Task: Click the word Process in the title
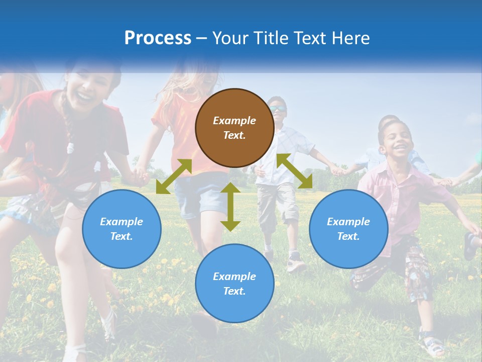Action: click(158, 38)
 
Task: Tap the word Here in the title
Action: click(348, 38)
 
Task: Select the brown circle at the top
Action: click(234, 128)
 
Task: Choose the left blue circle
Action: click(122, 229)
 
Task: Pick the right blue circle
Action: click(348, 229)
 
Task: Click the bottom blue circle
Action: click(234, 284)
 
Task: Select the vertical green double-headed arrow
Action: click(230, 207)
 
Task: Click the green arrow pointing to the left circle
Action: click(174, 176)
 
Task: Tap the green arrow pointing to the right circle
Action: click(295, 171)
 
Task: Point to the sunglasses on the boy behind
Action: click(278, 109)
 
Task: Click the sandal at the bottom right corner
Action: click(433, 346)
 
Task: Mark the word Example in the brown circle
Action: click(234, 121)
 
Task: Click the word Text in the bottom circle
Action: click(234, 291)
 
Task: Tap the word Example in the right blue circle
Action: click(348, 222)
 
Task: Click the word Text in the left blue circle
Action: click(122, 236)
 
